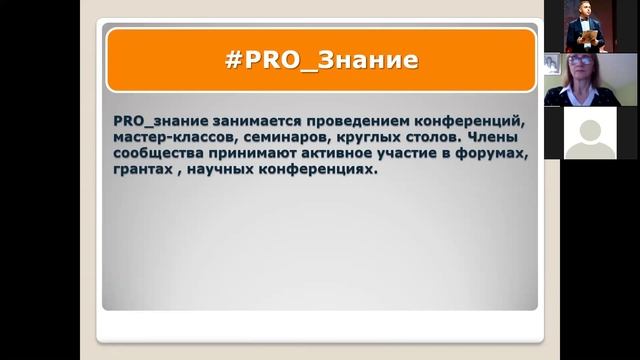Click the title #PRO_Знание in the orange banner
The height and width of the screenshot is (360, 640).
pos(320,60)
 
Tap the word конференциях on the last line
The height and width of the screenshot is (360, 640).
pos(324,171)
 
